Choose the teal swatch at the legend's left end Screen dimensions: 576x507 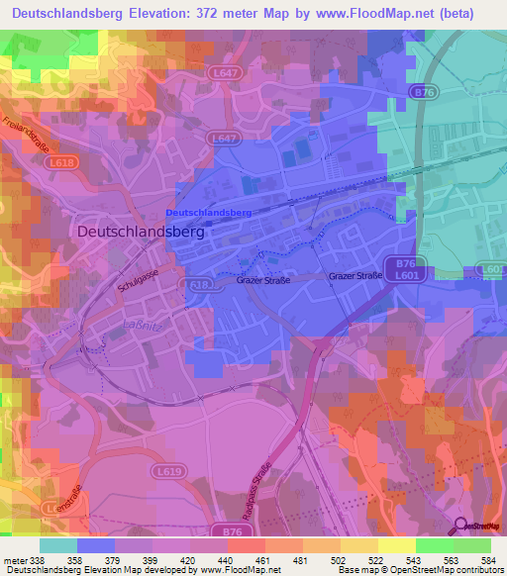58,545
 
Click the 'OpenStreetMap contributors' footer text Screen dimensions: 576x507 445,569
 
